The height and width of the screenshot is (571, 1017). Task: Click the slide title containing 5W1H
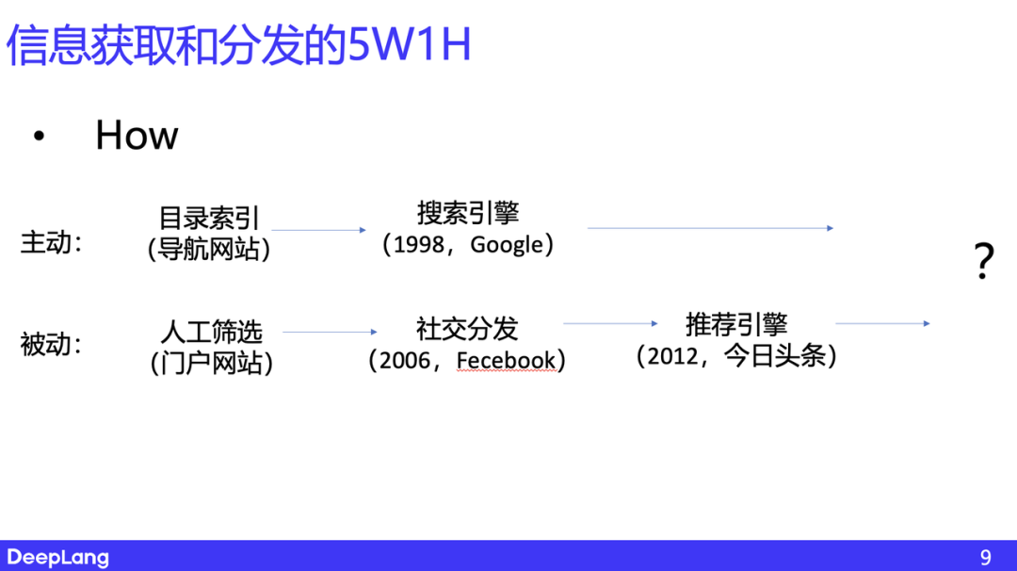pos(238,45)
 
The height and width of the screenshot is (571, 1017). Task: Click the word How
pos(137,136)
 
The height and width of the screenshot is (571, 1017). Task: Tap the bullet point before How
pos(39,138)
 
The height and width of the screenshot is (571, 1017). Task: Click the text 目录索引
pos(208,219)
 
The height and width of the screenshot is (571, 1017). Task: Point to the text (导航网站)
pos(208,250)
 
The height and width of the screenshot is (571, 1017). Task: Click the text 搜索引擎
pos(468,213)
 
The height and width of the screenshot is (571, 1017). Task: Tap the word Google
pos(507,245)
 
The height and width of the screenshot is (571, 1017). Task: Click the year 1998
pos(419,245)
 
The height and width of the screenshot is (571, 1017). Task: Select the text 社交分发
pos(467,329)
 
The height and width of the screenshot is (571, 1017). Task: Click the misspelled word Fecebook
pos(507,361)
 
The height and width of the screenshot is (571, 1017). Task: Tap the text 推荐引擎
pos(735,325)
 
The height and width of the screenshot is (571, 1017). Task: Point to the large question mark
pos(983,261)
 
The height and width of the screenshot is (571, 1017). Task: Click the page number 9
pos(985,557)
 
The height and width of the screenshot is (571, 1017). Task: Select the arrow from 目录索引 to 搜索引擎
pos(318,230)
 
